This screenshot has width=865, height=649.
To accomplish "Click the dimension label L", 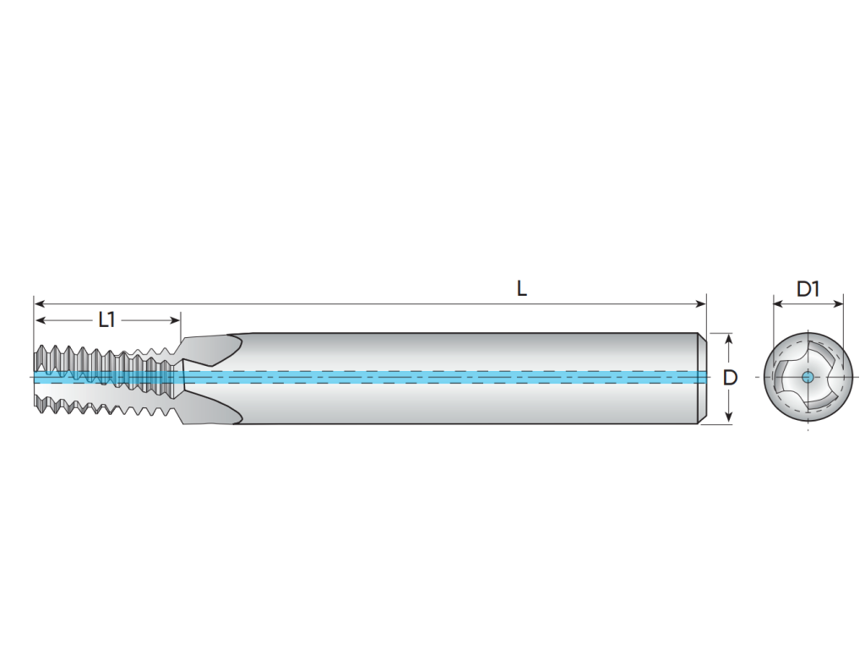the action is (x=522, y=289).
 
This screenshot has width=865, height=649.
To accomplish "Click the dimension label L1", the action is (x=106, y=319).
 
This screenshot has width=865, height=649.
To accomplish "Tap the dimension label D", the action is (x=730, y=378).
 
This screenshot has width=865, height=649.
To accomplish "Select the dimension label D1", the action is (x=808, y=289).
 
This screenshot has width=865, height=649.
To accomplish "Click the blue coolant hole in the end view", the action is (x=808, y=378).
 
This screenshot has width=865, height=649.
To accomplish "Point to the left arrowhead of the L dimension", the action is (x=39, y=303).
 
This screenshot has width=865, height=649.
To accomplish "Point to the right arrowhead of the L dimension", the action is (x=702, y=303).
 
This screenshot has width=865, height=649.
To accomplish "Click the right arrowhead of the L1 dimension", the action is (x=176, y=320).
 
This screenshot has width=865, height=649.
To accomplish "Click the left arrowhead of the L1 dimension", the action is (x=40, y=320).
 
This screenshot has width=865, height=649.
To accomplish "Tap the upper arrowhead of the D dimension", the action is (x=729, y=339).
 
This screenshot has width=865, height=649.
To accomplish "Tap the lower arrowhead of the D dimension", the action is (x=729, y=417).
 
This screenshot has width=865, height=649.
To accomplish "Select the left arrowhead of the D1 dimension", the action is (x=778, y=303).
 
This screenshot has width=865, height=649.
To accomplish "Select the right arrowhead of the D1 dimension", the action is (x=839, y=303).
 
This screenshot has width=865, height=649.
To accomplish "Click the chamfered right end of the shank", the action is (x=703, y=379).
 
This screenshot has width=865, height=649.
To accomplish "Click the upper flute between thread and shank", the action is (x=212, y=350).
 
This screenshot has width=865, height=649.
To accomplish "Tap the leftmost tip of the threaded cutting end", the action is (x=34, y=378).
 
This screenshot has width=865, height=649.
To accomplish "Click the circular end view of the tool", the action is (x=808, y=378).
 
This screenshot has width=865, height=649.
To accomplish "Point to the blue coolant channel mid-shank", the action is (x=441, y=378).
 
